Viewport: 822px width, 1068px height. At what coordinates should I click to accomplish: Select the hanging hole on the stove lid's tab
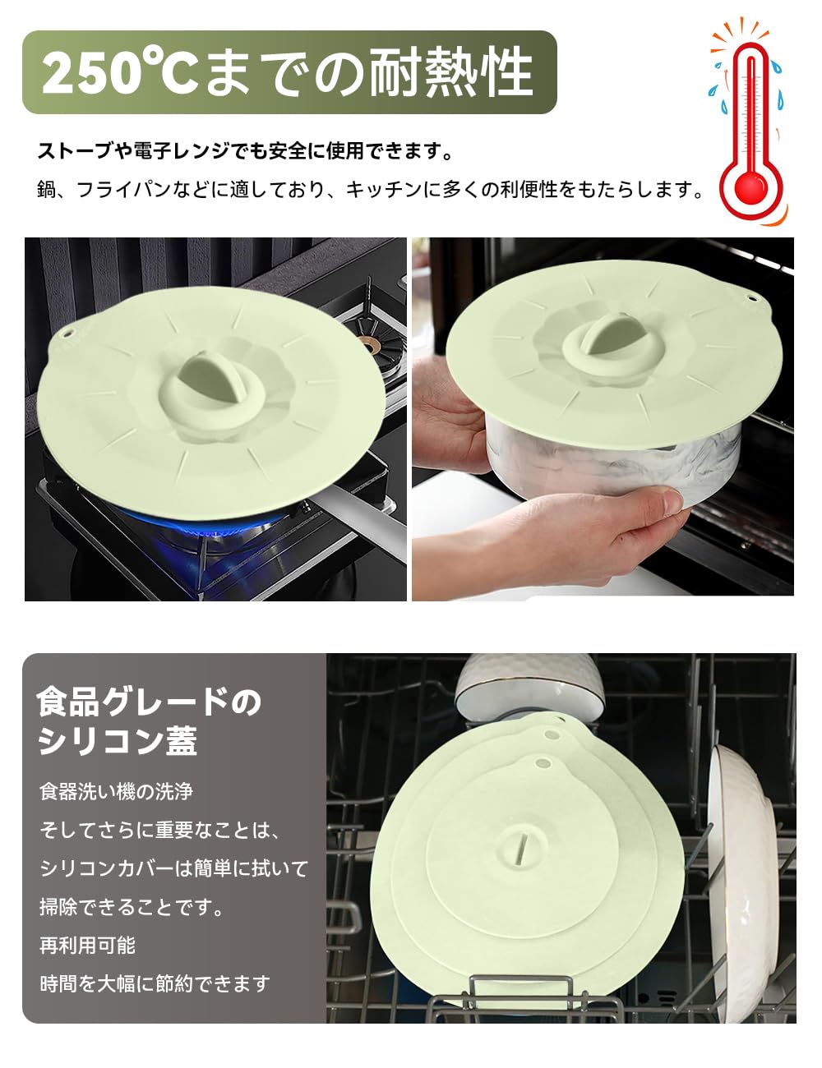pos(67,334)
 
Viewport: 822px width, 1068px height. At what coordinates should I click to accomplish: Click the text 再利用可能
pos(87,945)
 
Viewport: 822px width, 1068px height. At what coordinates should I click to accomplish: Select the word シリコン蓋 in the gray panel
pos(118,741)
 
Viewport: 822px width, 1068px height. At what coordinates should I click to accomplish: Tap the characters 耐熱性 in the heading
pos(450,72)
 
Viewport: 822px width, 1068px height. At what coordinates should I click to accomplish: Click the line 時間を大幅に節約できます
pos(155,983)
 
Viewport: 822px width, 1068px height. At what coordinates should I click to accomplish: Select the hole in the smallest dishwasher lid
pos(543,763)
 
